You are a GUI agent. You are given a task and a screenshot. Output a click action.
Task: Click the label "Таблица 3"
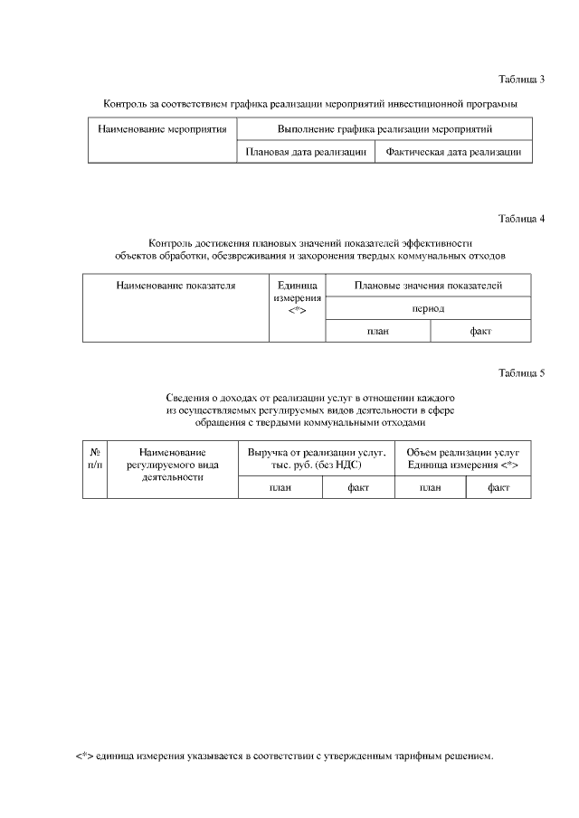tap(521, 80)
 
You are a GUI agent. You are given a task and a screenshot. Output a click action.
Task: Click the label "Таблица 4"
tap(521, 219)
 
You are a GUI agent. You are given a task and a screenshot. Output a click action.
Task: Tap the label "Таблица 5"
tap(521, 373)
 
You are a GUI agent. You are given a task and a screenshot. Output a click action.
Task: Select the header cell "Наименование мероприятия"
tap(161, 130)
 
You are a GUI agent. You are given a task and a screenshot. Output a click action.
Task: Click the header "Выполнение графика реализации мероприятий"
tap(384, 130)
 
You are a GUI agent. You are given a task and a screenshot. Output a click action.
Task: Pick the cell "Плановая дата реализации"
tap(306, 153)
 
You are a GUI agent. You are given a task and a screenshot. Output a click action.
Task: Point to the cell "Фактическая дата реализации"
tap(453, 153)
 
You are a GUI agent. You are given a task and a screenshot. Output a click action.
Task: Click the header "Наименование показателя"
tap(176, 286)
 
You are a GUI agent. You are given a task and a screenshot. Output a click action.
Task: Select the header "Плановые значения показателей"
tap(429, 286)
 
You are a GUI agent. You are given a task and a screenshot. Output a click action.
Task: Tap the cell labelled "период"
tap(428, 308)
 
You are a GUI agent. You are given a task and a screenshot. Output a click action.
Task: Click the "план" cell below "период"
tap(377, 332)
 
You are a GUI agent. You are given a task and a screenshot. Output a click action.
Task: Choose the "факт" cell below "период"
tap(480, 332)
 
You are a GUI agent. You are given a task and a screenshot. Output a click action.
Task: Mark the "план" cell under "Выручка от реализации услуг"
tap(280, 487)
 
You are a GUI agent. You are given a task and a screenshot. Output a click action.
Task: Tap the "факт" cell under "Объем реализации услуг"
tap(498, 487)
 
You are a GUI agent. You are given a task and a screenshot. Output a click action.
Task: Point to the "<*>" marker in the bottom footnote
tap(83, 756)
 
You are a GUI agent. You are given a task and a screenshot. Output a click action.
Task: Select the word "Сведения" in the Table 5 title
tap(187, 398)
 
